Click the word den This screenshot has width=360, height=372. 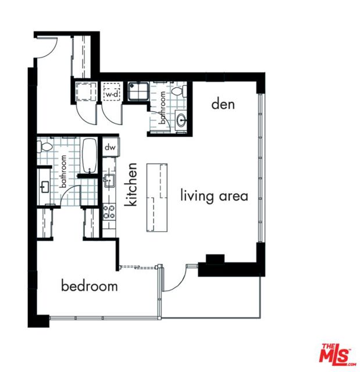tap(223, 105)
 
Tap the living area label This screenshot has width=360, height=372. tap(214, 196)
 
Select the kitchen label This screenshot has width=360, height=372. tap(131, 184)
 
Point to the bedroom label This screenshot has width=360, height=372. tap(90, 285)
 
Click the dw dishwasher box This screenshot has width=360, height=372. tap(111, 147)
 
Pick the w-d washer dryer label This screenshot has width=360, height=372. tap(112, 94)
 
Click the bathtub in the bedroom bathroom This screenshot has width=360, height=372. tap(90, 155)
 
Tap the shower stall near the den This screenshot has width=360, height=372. tap(139, 91)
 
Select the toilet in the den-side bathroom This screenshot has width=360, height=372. tap(179, 91)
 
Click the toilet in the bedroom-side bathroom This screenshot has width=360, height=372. tap(45, 147)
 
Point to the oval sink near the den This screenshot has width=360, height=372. tap(181, 120)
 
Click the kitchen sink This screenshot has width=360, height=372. tap(109, 181)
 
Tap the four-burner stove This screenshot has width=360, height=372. tap(109, 212)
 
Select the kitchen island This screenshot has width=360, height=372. tap(157, 198)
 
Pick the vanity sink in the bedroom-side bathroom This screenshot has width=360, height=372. tap(45, 187)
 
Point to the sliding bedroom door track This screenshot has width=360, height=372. tap(138, 267)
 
